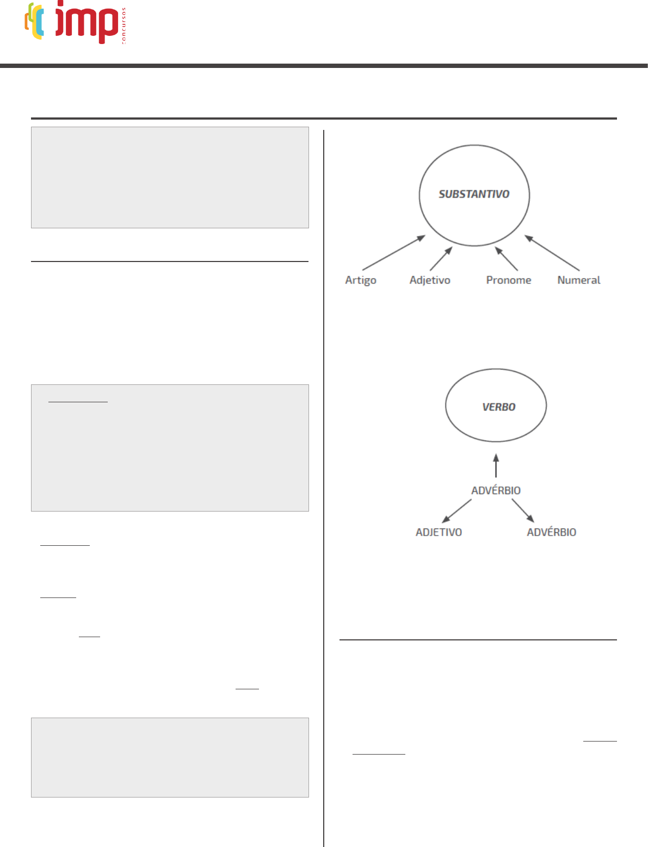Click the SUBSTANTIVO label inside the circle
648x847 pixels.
pos(474,194)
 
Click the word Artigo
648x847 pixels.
pos(361,280)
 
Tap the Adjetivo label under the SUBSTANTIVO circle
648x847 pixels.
pos(430,280)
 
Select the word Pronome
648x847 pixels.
pos(509,280)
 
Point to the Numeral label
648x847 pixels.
pos(579,280)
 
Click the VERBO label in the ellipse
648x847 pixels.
pos(498,407)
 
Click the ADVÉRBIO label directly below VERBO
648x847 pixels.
pos(496,490)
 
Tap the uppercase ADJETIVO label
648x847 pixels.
pos(439,532)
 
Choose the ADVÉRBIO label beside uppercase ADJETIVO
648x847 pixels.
pos(551,532)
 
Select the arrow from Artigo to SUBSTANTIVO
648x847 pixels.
pos(393,253)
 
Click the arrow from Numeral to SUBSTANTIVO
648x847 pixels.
pos(552,253)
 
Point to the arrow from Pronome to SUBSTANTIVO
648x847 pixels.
pos(507,259)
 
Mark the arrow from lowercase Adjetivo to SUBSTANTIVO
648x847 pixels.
pos(441,259)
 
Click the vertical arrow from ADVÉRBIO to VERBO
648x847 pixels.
pos(496,466)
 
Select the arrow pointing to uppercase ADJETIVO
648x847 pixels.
pos(457,511)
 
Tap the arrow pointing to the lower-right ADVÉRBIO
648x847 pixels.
pos(523,511)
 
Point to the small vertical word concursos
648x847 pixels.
pos(124,26)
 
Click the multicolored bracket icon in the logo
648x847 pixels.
pos(34,21)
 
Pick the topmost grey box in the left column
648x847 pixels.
pos(170,177)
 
